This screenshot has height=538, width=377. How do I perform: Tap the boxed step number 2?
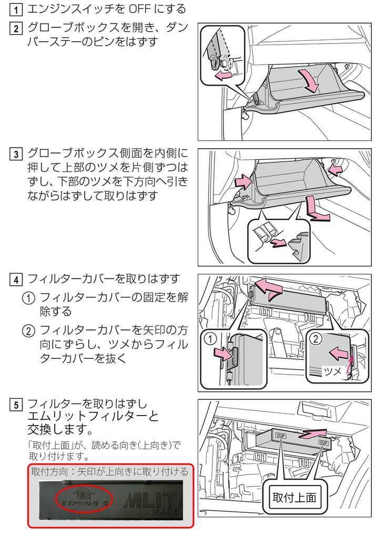tap(17, 28)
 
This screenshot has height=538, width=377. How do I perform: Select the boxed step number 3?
tap(17, 154)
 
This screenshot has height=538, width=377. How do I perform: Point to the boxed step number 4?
tap(17, 278)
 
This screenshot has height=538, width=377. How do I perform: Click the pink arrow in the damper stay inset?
tap(224, 76)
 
